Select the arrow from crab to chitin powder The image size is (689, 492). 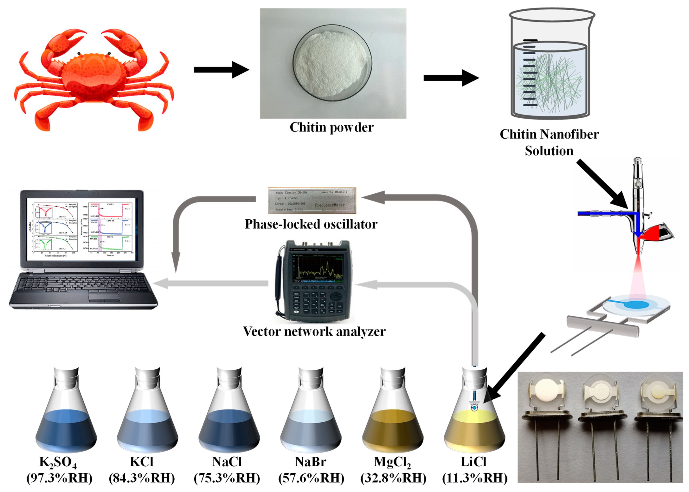tap(221, 70)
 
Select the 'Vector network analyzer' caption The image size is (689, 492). tap(314, 331)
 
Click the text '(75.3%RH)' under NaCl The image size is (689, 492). tap(227, 478)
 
